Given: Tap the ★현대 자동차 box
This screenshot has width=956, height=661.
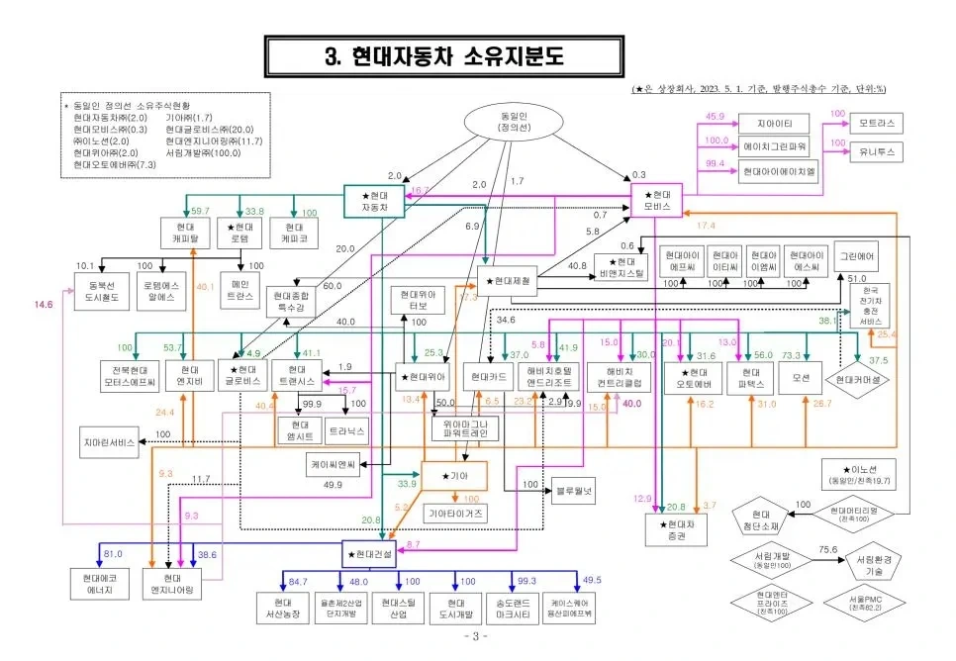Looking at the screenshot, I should point(374,201).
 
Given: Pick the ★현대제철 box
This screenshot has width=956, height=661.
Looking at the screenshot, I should point(506,281).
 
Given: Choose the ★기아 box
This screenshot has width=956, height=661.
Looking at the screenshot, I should point(454,475).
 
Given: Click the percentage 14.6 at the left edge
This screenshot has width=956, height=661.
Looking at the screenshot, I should point(43,305).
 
